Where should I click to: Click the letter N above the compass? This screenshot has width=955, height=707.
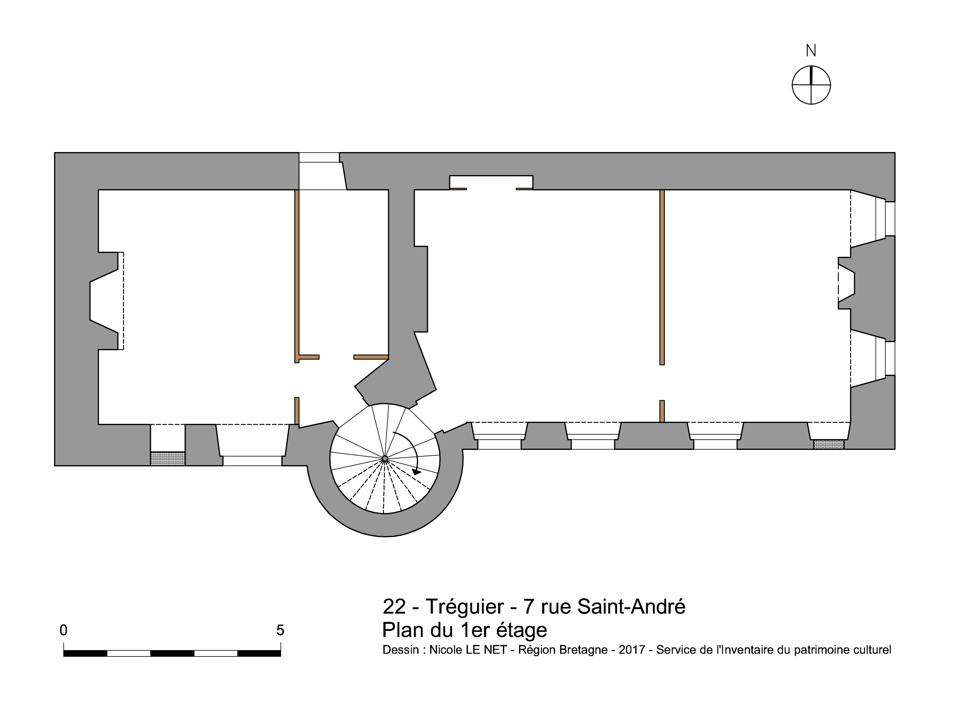click(x=811, y=51)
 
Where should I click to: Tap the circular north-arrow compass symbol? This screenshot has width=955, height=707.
click(x=811, y=85)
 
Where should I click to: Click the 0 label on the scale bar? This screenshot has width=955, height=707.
click(x=63, y=630)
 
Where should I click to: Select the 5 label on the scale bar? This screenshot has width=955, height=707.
click(x=280, y=630)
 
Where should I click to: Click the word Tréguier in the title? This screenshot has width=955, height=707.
click(x=465, y=606)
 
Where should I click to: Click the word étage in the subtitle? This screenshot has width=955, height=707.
click(x=521, y=630)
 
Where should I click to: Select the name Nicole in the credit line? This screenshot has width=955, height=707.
click(x=445, y=650)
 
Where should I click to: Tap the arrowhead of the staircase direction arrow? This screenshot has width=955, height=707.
click(x=416, y=472)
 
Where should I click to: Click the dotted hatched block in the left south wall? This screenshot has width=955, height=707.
click(x=168, y=458)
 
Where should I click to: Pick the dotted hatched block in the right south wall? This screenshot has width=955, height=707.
click(x=829, y=444)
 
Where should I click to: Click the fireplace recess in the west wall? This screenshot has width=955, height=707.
click(x=105, y=301)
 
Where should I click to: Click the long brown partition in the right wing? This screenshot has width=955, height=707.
click(x=662, y=277)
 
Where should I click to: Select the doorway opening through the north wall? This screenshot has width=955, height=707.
click(x=322, y=171)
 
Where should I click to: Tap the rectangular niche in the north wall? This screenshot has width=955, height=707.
click(x=491, y=182)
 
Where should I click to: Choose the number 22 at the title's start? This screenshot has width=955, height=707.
click(x=394, y=606)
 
